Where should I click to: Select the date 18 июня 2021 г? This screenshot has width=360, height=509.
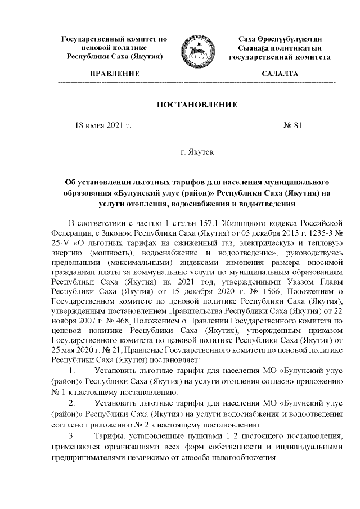[x=103, y=125]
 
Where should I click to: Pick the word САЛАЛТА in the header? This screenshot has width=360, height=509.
[x=280, y=74]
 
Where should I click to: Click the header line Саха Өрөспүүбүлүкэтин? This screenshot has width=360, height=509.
[x=280, y=39]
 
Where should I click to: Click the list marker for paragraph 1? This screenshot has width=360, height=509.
[x=73, y=371]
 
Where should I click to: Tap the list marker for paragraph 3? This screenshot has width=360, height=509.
[x=73, y=436]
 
